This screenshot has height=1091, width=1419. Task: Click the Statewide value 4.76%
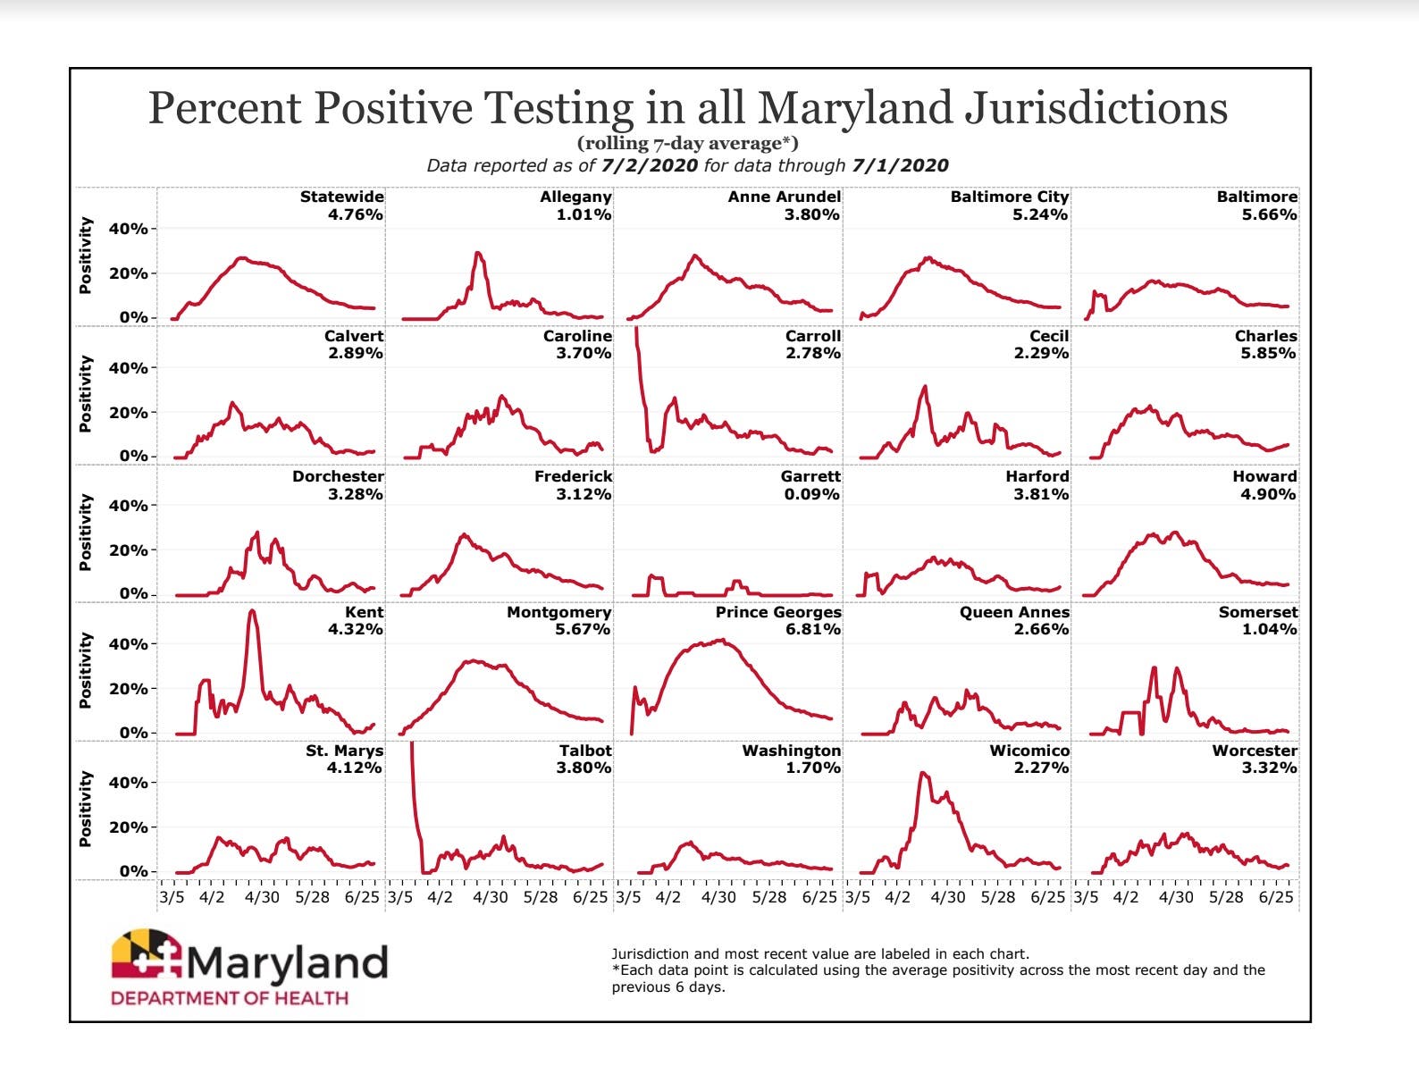click(x=355, y=214)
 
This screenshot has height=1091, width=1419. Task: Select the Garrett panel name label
click(x=810, y=476)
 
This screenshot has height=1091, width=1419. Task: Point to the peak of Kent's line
click(x=252, y=611)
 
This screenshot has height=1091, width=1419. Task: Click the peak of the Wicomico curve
click(x=922, y=774)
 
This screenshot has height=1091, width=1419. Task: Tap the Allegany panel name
click(x=575, y=197)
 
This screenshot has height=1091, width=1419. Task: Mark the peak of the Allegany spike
click(x=477, y=253)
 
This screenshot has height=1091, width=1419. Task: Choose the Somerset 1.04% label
click(x=1269, y=629)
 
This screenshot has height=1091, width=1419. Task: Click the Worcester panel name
click(x=1255, y=751)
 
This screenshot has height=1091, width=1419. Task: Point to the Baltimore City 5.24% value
click(x=1040, y=214)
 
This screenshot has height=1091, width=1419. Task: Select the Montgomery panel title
click(x=558, y=612)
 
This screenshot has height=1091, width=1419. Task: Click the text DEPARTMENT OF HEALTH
click(x=230, y=998)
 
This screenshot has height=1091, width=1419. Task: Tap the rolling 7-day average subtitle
click(x=688, y=143)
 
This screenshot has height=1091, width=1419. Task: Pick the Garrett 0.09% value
click(x=811, y=494)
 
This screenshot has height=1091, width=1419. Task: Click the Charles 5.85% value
click(x=1268, y=353)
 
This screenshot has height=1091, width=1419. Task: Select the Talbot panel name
click(x=585, y=751)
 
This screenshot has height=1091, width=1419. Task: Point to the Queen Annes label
click(x=1014, y=612)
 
